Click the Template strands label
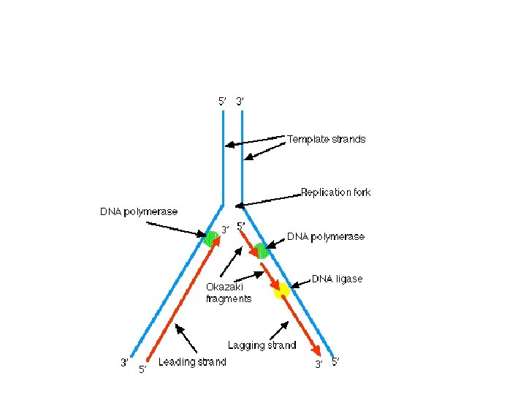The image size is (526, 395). tap(326, 139)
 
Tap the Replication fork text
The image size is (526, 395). tap(335, 192)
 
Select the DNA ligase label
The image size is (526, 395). tap(338, 279)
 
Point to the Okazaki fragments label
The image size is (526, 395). tap(229, 293)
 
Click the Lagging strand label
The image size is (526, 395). tap(262, 345)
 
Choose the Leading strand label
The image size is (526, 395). tap(192, 362)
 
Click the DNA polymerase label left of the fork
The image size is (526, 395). tap(139, 211)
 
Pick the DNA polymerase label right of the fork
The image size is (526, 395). tap(325, 236)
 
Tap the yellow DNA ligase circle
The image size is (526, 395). tap(281, 291)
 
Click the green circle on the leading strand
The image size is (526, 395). tap(211, 237)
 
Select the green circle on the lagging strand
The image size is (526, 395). tap(261, 251)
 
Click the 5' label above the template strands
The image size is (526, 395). tap(223, 101)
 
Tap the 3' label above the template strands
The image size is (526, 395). tap(240, 101)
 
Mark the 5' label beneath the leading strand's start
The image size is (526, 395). tap(142, 369)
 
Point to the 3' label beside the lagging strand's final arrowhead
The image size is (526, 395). tap(319, 364)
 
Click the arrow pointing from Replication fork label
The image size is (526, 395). tap(267, 200)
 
